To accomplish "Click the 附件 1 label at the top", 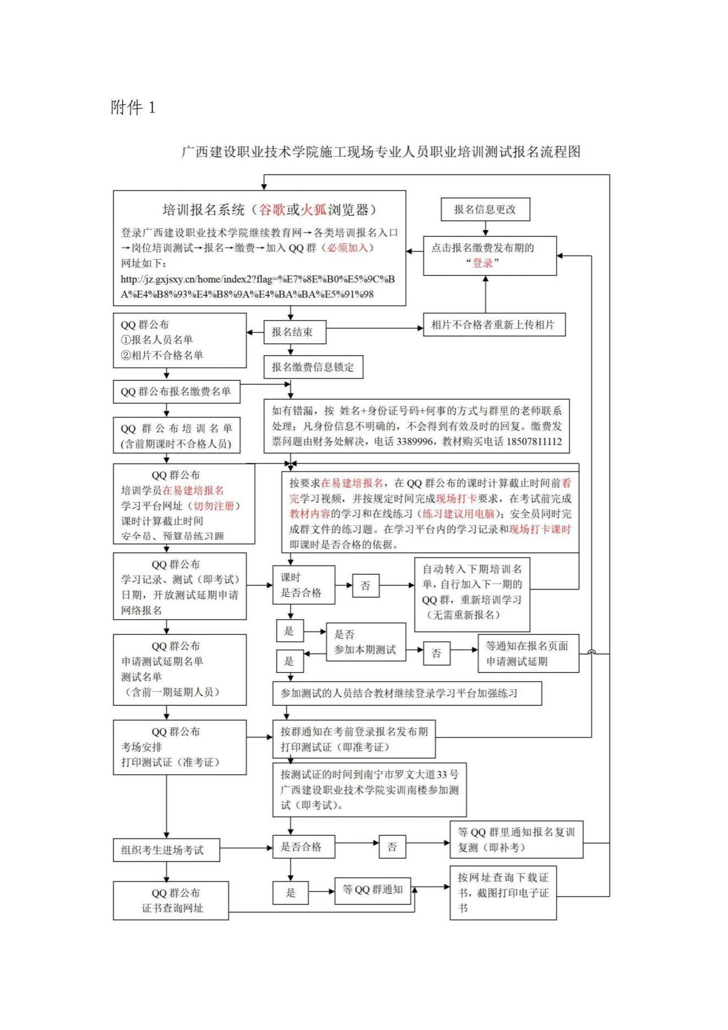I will pos(133,107).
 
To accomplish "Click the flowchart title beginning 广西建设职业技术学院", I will pos(381,151).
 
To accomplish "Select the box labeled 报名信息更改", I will pos(485,209).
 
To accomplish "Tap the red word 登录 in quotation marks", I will pos(483,263).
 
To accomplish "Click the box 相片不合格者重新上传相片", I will pos(493,325).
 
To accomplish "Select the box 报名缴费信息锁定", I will pos(313,367).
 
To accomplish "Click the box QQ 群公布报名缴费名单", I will pos(176,391).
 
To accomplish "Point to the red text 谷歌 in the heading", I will pos(272,210).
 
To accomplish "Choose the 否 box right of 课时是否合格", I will pos(366,586).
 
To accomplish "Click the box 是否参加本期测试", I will pos(366,642).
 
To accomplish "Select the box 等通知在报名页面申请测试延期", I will pos(528,653).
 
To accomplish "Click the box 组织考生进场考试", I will pos(166,850).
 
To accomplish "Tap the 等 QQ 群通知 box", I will pos(373,890).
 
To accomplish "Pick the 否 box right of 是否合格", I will pos(392,847).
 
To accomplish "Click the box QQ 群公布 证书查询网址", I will pos(171,901).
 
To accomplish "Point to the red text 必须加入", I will pos(347,248).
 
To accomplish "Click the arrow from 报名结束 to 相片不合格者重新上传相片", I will pos(374,329).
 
